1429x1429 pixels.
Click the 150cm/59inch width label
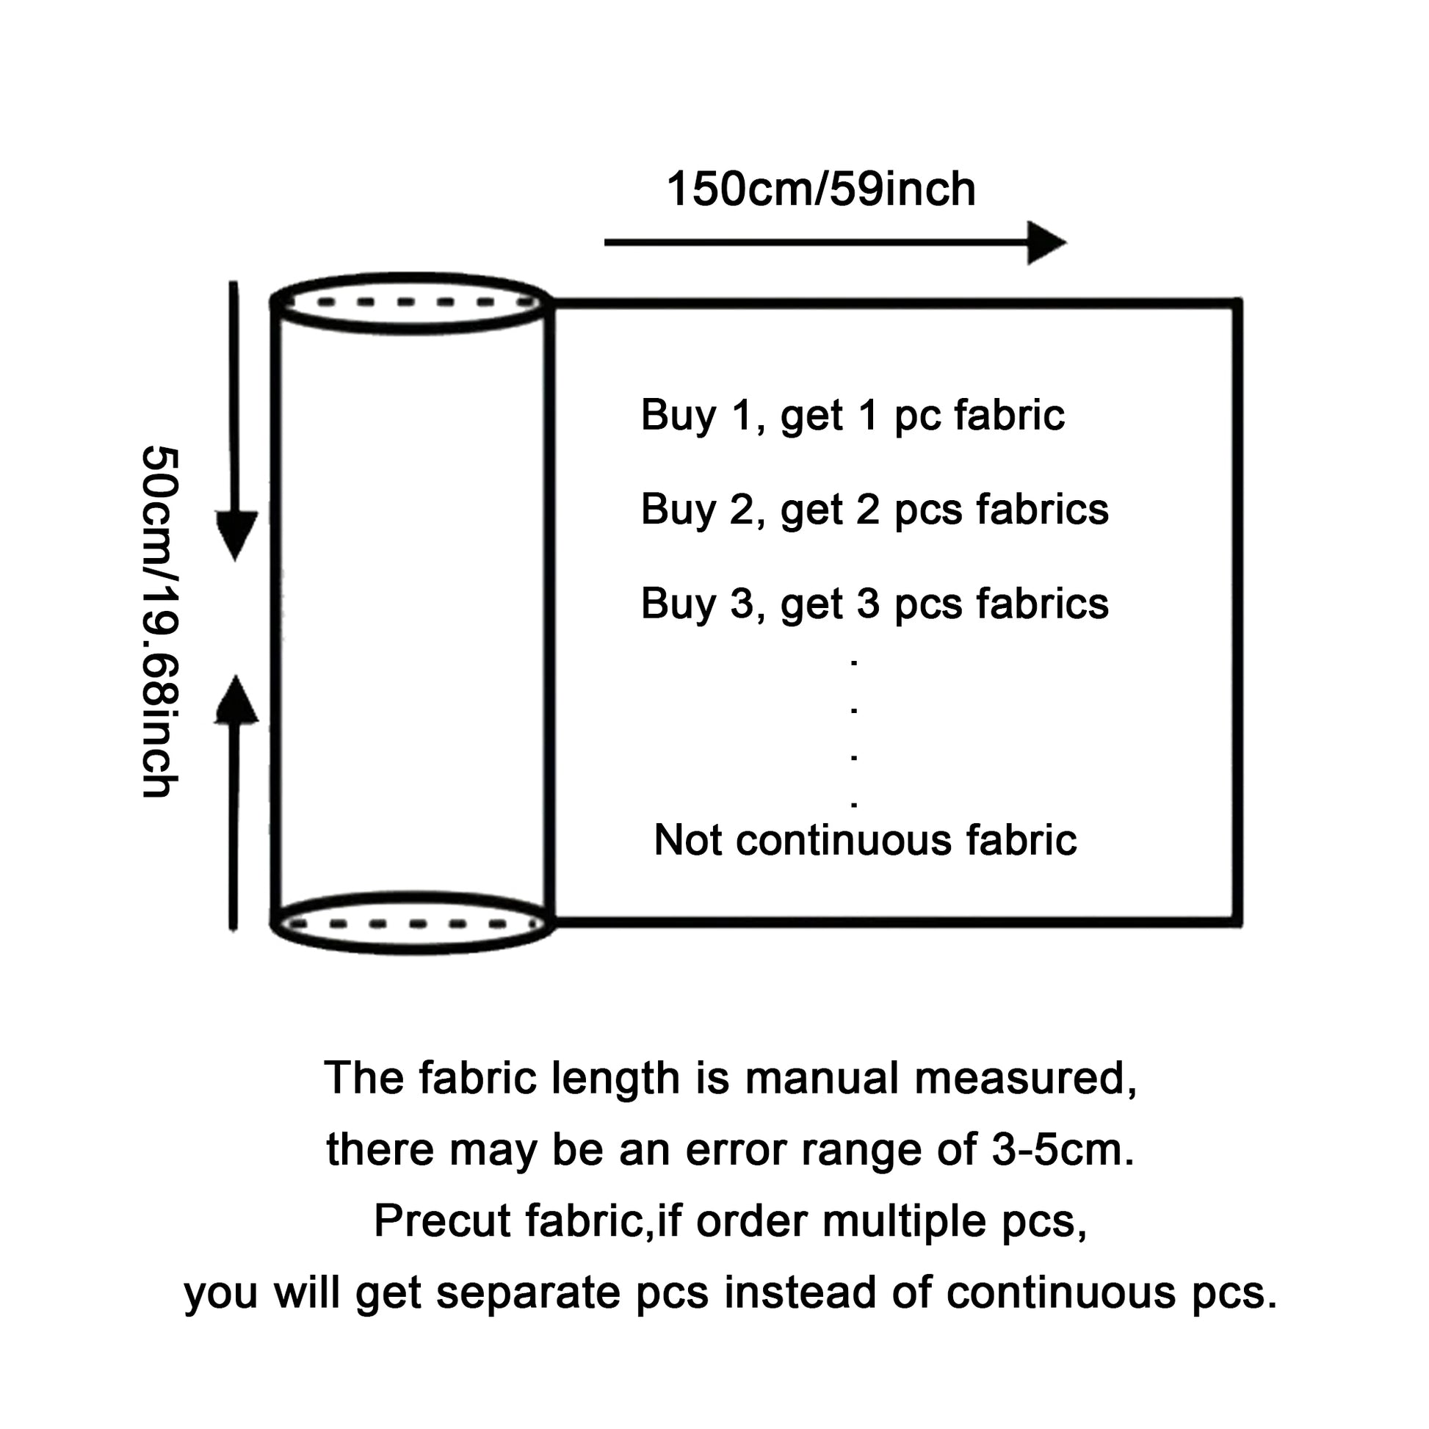pos(820,189)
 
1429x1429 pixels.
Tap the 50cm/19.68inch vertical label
pos(160,621)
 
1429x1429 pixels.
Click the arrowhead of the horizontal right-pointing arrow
pos(1046,242)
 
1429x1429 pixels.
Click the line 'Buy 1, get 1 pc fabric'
pos(852,415)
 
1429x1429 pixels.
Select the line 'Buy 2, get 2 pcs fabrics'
pos(875,510)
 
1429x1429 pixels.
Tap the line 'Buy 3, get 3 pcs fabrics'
pos(875,604)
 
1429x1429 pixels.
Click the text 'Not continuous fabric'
pos(864,840)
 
